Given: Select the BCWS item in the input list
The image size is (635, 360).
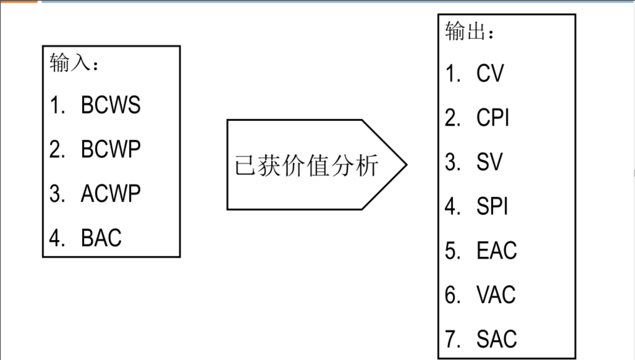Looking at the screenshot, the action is pyautogui.click(x=111, y=105).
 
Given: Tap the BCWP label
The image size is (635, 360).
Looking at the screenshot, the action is pyautogui.click(x=111, y=149).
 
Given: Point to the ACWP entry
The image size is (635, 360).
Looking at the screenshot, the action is pyautogui.click(x=111, y=193).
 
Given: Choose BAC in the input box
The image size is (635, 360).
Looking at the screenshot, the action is pyautogui.click(x=101, y=238).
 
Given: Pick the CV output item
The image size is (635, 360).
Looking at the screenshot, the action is pyautogui.click(x=490, y=73).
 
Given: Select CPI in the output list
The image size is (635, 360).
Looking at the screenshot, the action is pyautogui.click(x=493, y=118).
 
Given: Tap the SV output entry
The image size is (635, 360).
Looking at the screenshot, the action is pyautogui.click(x=489, y=162).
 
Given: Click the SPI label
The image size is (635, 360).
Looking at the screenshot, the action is pyautogui.click(x=492, y=206).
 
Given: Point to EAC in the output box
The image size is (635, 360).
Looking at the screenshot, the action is pyautogui.click(x=497, y=251).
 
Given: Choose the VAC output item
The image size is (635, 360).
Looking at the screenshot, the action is pyautogui.click(x=496, y=295).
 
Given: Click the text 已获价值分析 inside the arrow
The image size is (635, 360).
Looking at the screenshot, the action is pyautogui.click(x=306, y=165).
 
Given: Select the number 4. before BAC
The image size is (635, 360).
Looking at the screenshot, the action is pyautogui.click(x=57, y=238).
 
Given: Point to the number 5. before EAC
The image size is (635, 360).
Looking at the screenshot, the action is pyautogui.click(x=452, y=251).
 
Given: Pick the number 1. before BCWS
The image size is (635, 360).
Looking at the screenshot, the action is pyautogui.click(x=57, y=105).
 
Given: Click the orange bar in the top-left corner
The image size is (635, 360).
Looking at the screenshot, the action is pyautogui.click(x=19, y=1).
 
